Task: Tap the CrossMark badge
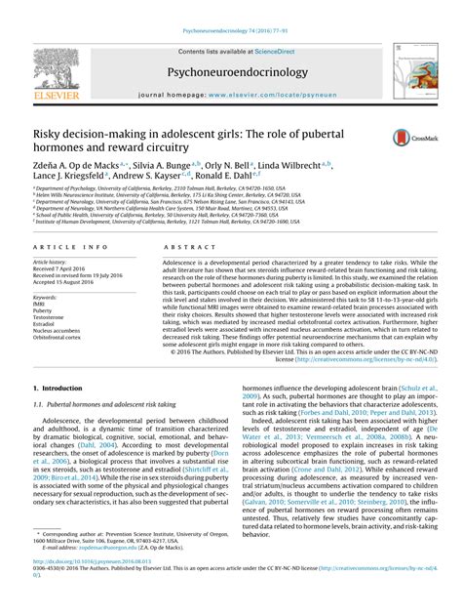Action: (406, 141)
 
